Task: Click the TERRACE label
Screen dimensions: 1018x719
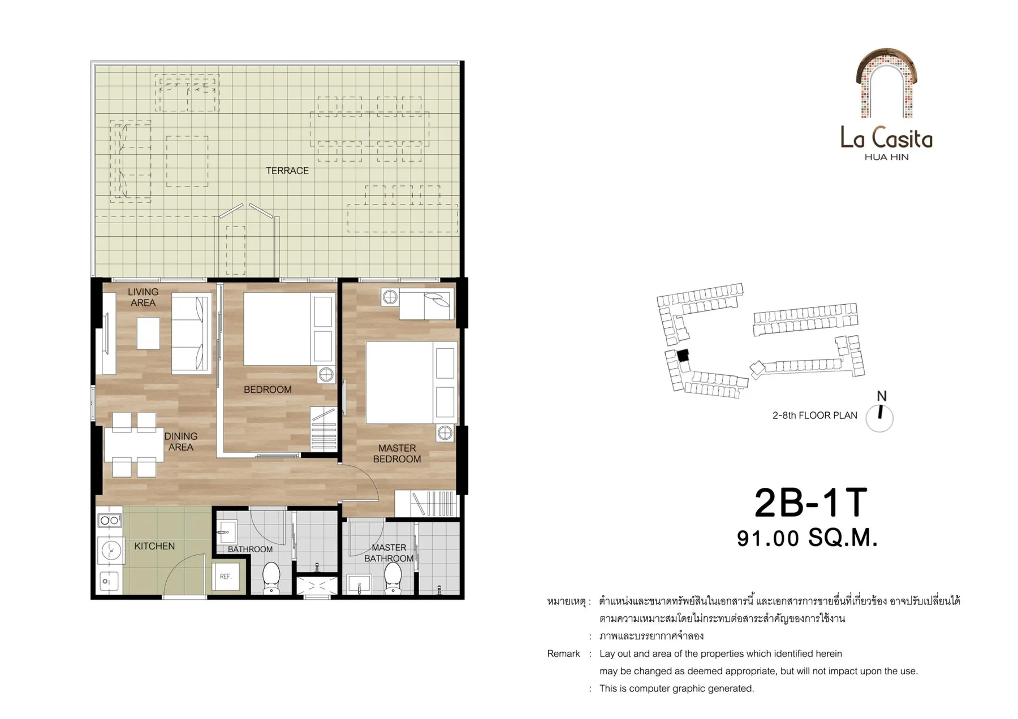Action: click(287, 171)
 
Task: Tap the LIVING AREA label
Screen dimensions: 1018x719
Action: click(143, 297)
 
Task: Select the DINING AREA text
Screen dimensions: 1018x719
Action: click(181, 441)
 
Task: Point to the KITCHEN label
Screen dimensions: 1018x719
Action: click(154, 546)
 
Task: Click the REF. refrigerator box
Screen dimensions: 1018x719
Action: click(226, 577)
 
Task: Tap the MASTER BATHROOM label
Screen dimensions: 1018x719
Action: click(389, 553)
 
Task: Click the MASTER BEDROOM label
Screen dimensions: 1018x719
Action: click(397, 453)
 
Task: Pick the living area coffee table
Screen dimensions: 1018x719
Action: click(148, 333)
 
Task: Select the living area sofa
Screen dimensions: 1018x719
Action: click(191, 333)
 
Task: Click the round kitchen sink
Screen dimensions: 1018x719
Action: click(111, 549)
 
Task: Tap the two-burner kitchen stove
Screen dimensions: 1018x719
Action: click(110, 520)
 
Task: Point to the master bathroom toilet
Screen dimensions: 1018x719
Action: click(393, 578)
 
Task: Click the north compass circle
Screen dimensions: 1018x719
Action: click(879, 419)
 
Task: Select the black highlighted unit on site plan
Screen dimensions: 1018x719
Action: click(683, 356)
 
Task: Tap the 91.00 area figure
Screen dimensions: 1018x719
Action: click(767, 538)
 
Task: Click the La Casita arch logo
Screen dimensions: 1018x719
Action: click(886, 84)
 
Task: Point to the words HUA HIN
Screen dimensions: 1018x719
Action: click(887, 157)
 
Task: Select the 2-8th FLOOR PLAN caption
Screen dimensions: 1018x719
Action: click(815, 415)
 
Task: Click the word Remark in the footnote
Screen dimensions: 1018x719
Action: click(563, 653)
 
